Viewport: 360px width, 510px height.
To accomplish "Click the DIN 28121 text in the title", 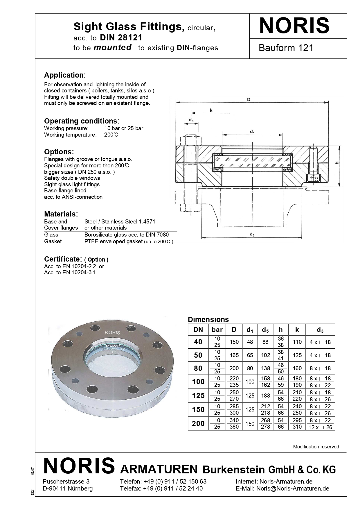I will pyautogui.click(x=121, y=37).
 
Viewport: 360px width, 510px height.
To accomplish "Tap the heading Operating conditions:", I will pyautogui.click(x=82, y=121).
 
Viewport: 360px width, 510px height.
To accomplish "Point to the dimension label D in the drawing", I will pyautogui.click(x=249, y=99).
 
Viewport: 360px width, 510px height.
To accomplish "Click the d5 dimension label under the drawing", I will pyautogui.click(x=252, y=235).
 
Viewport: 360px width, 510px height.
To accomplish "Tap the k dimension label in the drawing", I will pyautogui.click(x=211, y=110).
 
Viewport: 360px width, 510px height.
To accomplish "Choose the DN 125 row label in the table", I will pyautogui.click(x=198, y=396).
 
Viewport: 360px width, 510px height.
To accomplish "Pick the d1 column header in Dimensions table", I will pyautogui.click(x=250, y=330).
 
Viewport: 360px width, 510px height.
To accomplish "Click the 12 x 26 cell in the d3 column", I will pyautogui.click(x=320, y=427).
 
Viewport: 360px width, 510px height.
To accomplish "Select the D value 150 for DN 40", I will pyautogui.click(x=234, y=342).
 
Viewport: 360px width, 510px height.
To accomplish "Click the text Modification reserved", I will pyautogui.click(x=316, y=447).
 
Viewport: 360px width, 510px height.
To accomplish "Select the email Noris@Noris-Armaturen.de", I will pyautogui.click(x=293, y=488).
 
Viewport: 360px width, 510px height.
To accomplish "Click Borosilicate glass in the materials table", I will pyautogui.click(x=126, y=235).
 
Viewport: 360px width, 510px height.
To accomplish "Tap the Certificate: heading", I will pyautogui.click(x=63, y=259).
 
